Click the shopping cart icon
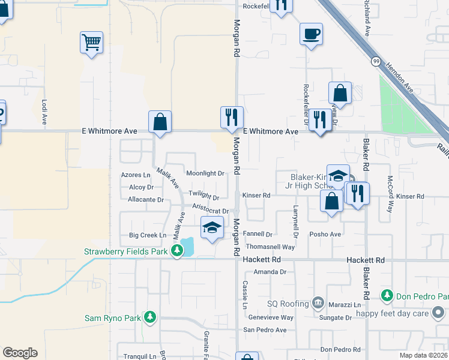point(91,43)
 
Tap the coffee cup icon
point(311,34)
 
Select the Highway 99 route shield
point(375,61)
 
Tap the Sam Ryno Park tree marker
point(150,317)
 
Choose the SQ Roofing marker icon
point(318,303)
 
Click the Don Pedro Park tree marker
point(387,296)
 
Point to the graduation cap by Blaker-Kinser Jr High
point(338,175)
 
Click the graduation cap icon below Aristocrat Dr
point(211,227)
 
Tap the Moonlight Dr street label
point(205,173)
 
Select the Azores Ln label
point(136,175)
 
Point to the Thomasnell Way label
point(271,247)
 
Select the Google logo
point(20,353)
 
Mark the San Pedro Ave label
point(265,330)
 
